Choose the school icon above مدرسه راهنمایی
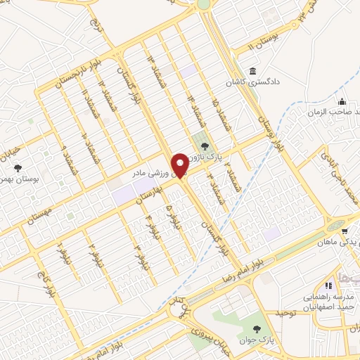328,285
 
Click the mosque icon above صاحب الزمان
342,101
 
